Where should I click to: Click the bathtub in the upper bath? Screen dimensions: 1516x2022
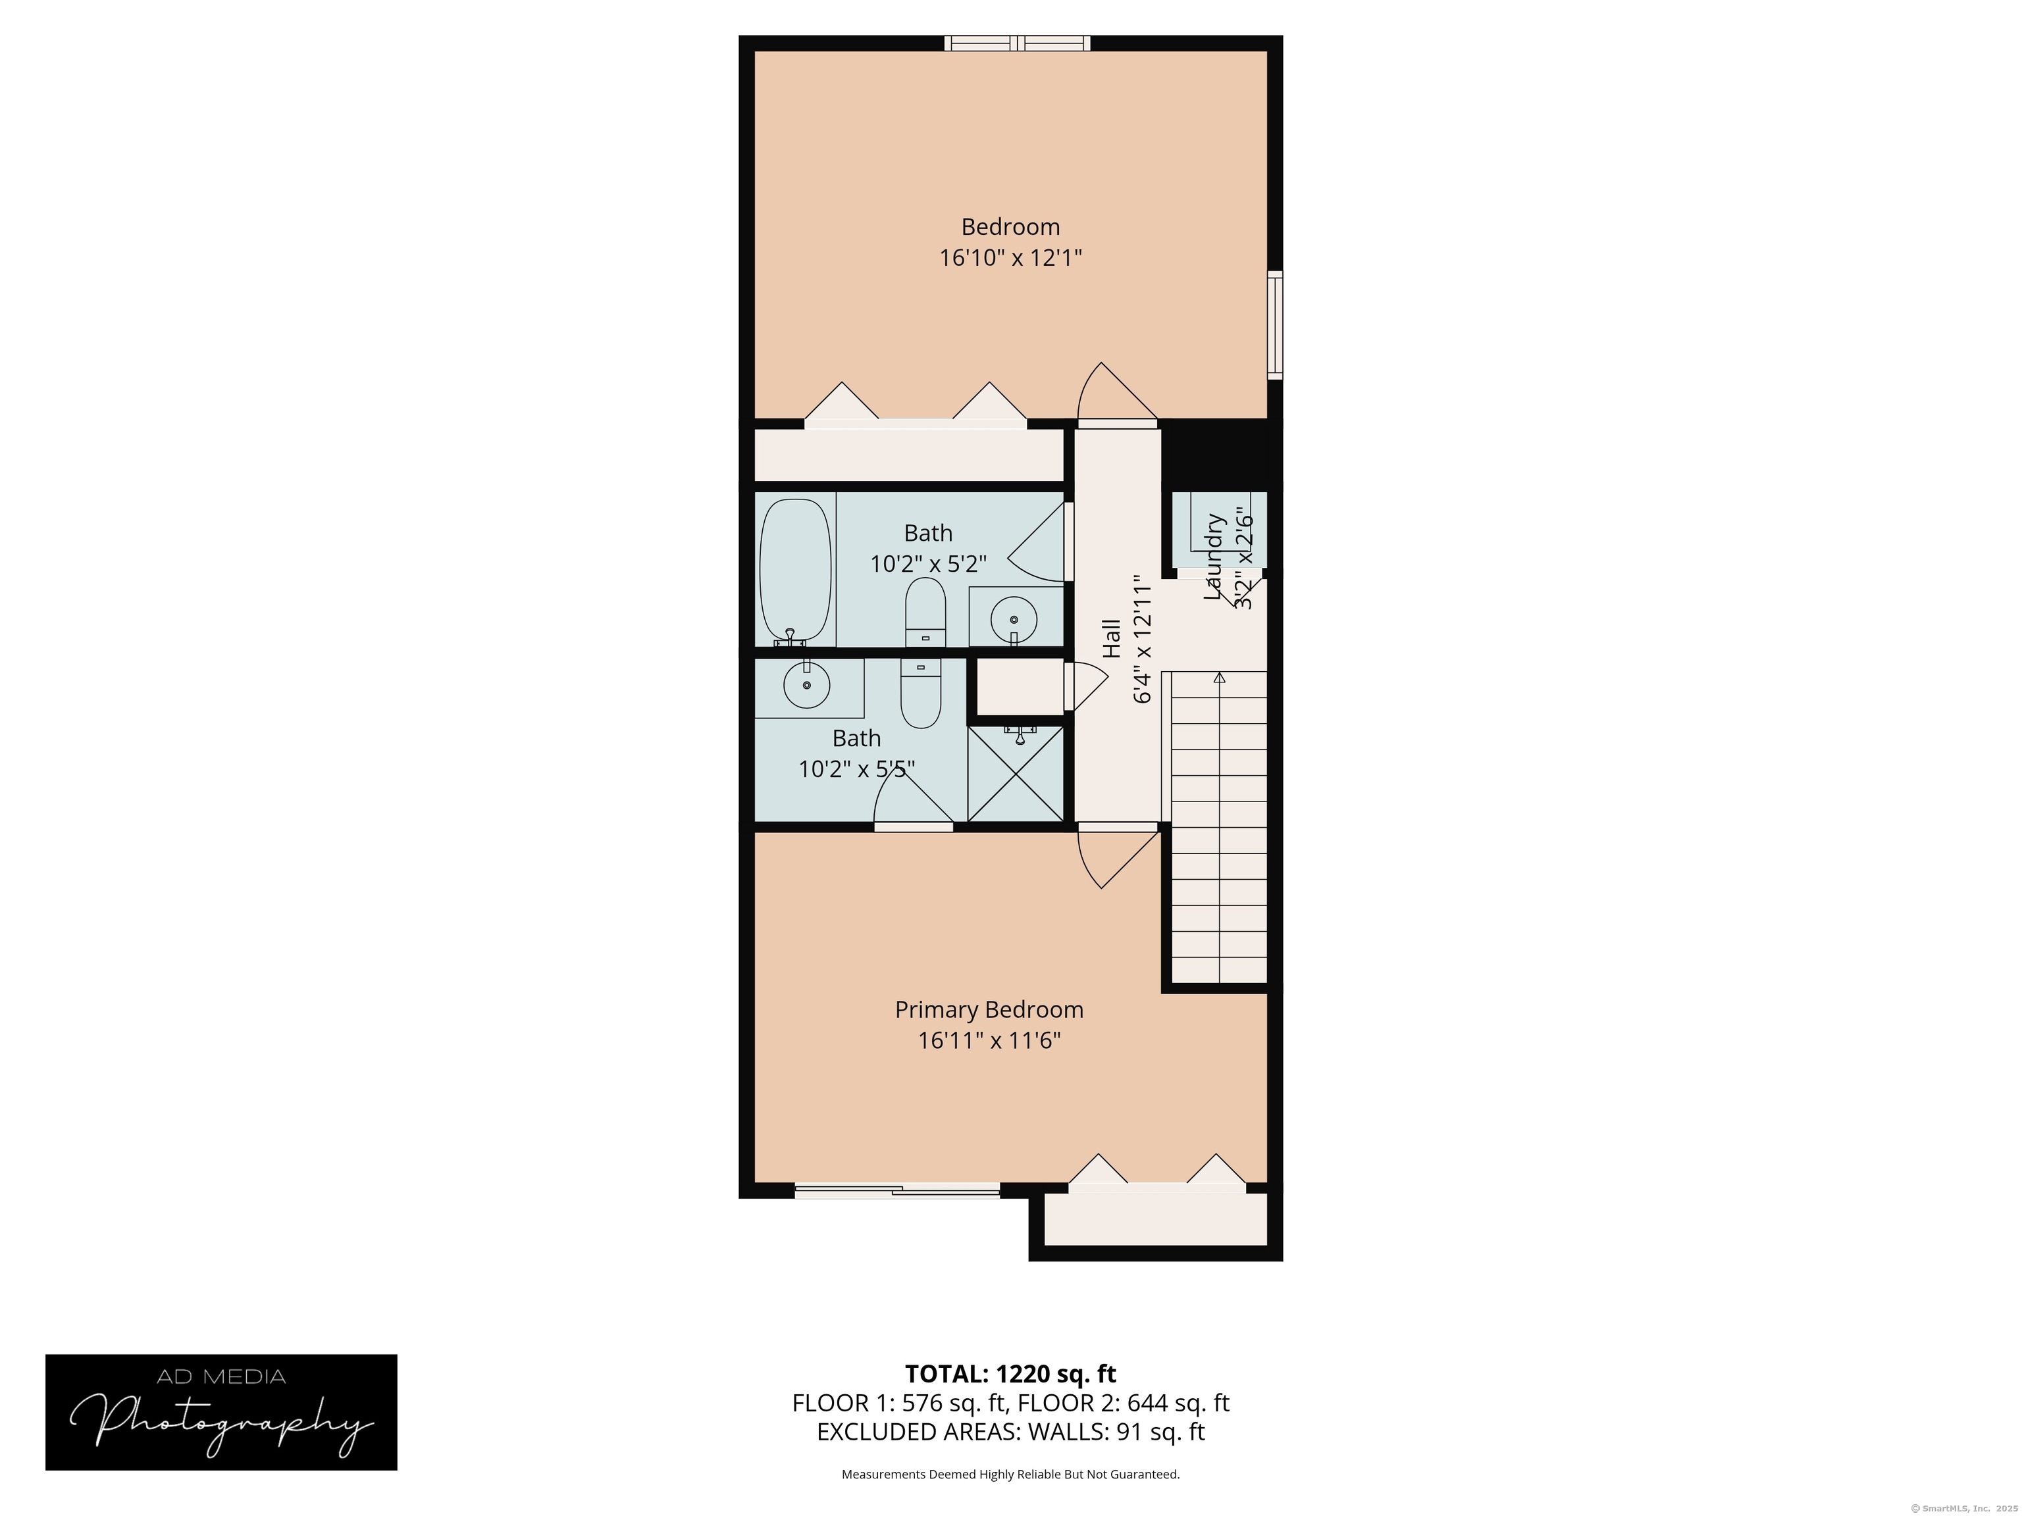[x=795, y=568]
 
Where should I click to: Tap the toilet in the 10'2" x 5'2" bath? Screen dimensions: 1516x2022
[x=925, y=612]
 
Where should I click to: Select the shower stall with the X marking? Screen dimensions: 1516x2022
[x=1016, y=773]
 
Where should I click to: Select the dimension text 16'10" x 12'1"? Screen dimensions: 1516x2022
[x=1010, y=259]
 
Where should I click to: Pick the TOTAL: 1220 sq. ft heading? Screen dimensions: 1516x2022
[x=1010, y=1373]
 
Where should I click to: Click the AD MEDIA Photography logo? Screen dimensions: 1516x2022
[x=221, y=1412]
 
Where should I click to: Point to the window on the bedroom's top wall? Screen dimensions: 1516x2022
[x=1018, y=43]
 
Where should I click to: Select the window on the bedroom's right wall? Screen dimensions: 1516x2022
[x=1274, y=324]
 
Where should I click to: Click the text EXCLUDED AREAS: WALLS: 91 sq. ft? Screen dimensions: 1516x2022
[x=1010, y=1432]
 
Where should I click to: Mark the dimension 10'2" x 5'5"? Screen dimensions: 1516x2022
[x=856, y=769]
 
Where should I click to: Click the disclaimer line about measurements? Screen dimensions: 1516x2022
[x=1010, y=1474]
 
